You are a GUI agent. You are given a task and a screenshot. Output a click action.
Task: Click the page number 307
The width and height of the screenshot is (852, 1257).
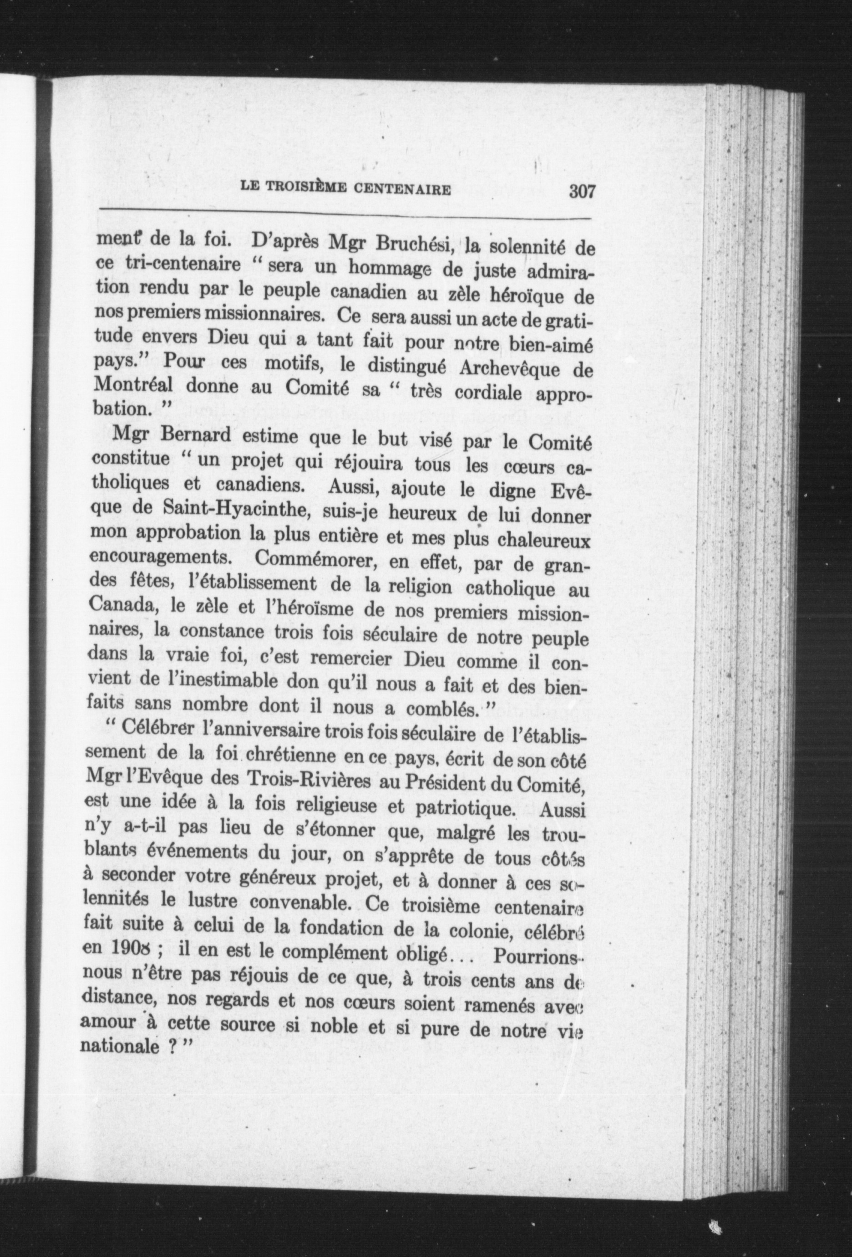581,191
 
